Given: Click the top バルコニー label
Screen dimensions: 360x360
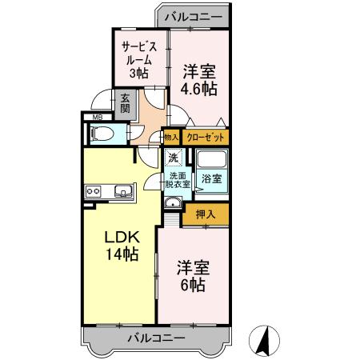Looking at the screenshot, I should pyautogui.click(x=194, y=15).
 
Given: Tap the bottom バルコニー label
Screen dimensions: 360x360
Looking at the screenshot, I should pyautogui.click(x=157, y=338).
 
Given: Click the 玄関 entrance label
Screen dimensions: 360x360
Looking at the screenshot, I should pyautogui.click(x=126, y=103).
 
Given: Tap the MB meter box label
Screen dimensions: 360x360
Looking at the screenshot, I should pyautogui.click(x=98, y=118).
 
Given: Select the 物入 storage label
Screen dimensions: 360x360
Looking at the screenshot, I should pyautogui.click(x=171, y=138).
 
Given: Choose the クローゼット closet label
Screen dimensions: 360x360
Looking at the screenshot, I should pyautogui.click(x=205, y=138).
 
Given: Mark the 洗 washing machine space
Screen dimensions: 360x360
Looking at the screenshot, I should pyautogui.click(x=173, y=158).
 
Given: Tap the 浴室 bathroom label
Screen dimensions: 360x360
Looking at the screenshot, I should pyautogui.click(x=211, y=178).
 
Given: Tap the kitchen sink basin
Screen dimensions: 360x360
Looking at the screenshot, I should pyautogui.click(x=124, y=191).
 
